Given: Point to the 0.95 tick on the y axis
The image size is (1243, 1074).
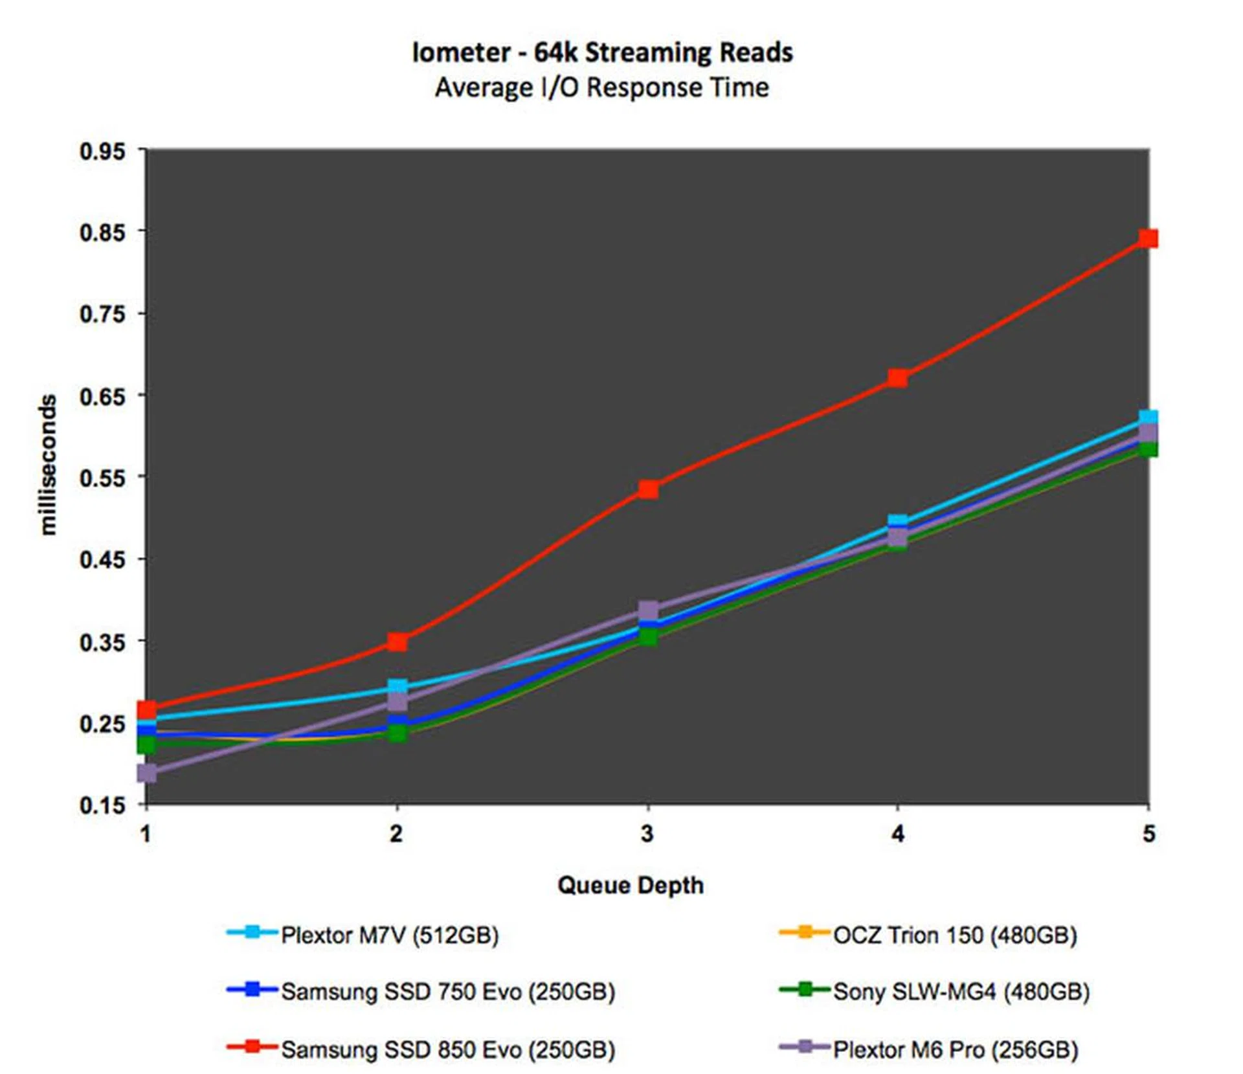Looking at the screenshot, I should tap(102, 151).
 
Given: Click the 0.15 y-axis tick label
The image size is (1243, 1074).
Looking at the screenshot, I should tap(102, 805).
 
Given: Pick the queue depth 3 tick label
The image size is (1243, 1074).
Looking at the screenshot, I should tap(647, 834).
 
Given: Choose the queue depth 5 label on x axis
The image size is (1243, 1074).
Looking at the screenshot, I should tap(1148, 834).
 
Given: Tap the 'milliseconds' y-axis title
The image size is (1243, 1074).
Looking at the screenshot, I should tap(48, 465).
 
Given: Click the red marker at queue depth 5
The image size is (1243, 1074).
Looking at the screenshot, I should tap(1148, 238).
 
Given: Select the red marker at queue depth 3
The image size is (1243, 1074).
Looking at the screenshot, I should tap(648, 489).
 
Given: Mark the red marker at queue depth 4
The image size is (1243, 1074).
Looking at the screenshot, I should tap(898, 377).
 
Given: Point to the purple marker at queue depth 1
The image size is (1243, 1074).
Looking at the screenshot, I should tap(147, 772).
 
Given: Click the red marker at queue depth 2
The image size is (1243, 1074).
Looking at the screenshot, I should tap(398, 642).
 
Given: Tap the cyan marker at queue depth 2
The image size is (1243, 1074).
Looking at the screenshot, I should tap(398, 686).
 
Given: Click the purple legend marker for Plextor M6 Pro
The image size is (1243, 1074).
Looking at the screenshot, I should tap(805, 1047).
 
